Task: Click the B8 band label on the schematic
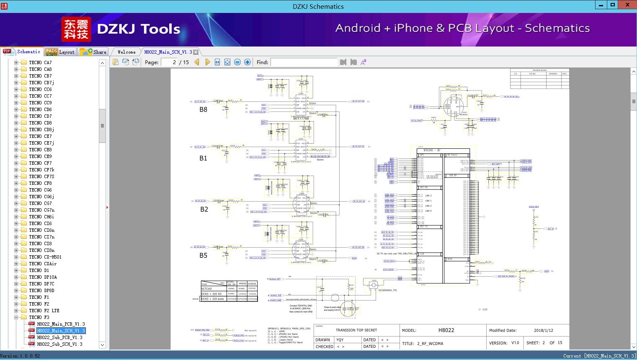[203, 110]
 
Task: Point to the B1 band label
[203, 158]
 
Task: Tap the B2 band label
[204, 209]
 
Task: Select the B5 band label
[203, 256]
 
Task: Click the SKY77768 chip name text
[301, 119]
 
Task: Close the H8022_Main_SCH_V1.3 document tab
[196, 52]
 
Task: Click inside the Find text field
[304, 62]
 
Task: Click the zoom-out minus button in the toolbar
[237, 62]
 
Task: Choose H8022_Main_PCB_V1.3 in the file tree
[61, 324]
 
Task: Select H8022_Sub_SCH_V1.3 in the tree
[59, 344]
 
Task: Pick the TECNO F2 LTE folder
[44, 311]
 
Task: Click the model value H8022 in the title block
[446, 330]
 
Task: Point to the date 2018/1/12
[543, 330]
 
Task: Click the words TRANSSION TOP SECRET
[356, 330]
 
